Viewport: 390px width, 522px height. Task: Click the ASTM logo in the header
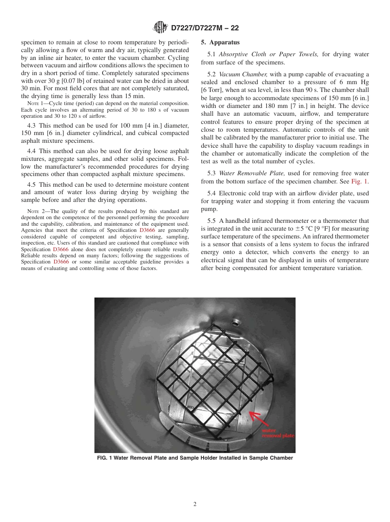coord(160,27)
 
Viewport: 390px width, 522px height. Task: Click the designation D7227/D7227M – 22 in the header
coord(204,28)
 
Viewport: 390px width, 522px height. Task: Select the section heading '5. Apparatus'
coord(220,42)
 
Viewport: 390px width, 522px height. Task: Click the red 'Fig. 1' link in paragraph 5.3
coord(360,181)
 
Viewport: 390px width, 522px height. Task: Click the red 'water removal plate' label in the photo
coord(278,433)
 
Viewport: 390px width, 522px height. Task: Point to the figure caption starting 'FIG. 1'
coord(195,458)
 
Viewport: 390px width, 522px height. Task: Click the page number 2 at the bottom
coord(195,504)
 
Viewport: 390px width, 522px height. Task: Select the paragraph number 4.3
coord(32,125)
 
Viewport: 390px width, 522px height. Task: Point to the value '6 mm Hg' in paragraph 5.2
coord(356,82)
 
